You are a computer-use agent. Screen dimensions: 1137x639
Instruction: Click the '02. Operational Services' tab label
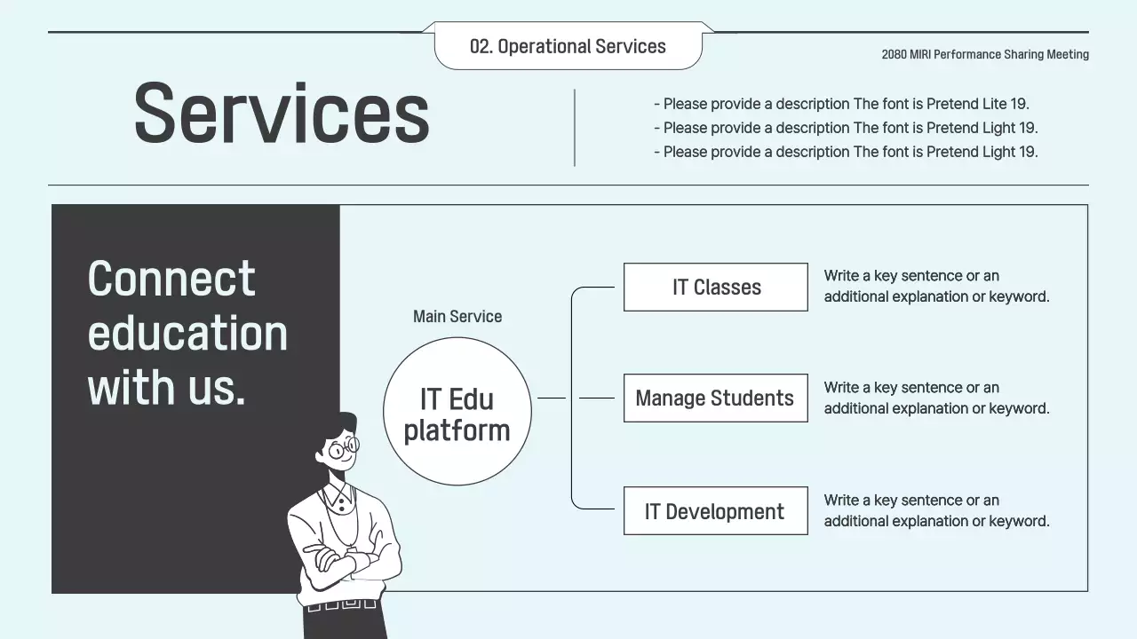pyautogui.click(x=568, y=46)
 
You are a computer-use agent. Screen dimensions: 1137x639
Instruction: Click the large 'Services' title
pyautogui.click(x=282, y=113)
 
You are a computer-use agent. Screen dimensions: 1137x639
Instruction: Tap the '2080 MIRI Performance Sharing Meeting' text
pyautogui.click(x=985, y=54)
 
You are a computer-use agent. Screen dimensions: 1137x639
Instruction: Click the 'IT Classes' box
pyautogui.click(x=716, y=287)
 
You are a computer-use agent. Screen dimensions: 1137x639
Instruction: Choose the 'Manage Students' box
pyautogui.click(x=716, y=398)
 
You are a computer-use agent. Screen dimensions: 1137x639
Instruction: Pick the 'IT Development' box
pyautogui.click(x=716, y=510)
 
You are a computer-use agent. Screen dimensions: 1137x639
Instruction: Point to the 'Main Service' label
pyautogui.click(x=457, y=317)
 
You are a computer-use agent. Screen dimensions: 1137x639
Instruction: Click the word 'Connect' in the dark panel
pyautogui.click(x=171, y=279)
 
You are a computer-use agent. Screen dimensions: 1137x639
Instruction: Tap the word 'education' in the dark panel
pyautogui.click(x=187, y=333)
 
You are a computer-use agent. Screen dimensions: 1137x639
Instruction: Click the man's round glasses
pyautogui.click(x=344, y=448)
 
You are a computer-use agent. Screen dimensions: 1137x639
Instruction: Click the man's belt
pyautogui.click(x=341, y=604)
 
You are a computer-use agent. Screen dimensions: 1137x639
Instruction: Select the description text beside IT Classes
pyautogui.click(x=936, y=286)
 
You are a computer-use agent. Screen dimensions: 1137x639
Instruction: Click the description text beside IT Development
pyautogui.click(x=936, y=510)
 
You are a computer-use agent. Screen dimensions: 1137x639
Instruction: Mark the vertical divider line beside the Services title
pyautogui.click(x=575, y=128)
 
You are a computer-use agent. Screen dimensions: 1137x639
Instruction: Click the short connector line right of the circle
pyautogui.click(x=552, y=398)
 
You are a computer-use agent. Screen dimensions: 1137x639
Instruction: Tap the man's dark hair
pyautogui.click(x=341, y=425)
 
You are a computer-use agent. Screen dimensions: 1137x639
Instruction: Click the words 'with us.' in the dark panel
pyautogui.click(x=166, y=387)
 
